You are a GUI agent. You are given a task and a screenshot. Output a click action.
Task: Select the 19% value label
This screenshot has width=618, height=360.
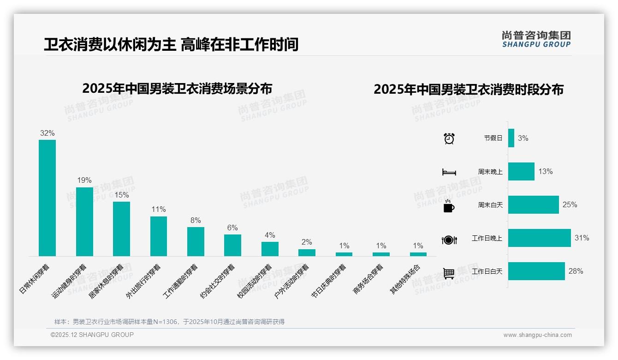[84, 180]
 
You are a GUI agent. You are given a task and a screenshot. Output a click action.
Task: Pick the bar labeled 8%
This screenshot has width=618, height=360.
[196, 241]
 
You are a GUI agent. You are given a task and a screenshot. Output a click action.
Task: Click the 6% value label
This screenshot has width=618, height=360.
[232, 228]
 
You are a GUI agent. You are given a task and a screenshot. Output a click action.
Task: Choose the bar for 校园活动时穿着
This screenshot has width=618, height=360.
[270, 249]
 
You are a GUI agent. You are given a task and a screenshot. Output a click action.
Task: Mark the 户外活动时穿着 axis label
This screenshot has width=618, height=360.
[291, 281]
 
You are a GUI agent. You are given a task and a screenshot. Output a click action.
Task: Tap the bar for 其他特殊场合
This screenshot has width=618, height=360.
[418, 254]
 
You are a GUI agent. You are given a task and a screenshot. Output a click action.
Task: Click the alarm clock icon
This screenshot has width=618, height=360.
[449, 138]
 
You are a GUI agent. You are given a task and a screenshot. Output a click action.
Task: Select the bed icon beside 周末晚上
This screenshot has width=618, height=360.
[449, 172]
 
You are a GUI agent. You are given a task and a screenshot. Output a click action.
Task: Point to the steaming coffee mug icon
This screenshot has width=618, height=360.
[449, 206]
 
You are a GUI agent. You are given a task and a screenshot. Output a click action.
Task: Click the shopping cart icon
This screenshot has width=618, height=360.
[449, 274]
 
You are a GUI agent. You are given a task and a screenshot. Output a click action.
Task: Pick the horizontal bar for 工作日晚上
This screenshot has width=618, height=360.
[539, 238]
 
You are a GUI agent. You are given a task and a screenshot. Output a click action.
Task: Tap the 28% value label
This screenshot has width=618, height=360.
[576, 271]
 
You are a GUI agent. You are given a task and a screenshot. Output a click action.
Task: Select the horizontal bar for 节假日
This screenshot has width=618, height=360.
[511, 138]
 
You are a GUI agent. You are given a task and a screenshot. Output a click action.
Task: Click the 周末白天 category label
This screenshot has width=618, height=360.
[490, 205]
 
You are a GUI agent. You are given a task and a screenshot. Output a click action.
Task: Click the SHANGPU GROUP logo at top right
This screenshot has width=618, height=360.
[536, 39]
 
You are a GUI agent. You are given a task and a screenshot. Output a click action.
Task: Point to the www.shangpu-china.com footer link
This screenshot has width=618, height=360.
[537, 335]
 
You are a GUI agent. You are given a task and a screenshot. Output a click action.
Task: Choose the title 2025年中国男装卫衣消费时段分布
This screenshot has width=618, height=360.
[469, 90]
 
